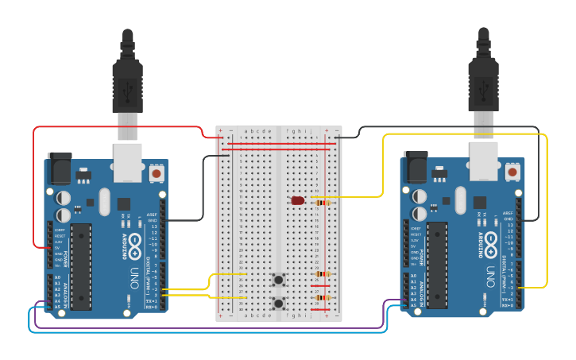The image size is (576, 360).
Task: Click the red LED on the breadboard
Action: pyautogui.click(x=298, y=201)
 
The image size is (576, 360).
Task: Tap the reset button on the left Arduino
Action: pyautogui.click(x=157, y=172)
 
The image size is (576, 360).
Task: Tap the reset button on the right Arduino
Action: pyautogui.click(x=512, y=171)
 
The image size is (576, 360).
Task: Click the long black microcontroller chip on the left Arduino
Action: pyautogui.click(x=81, y=266)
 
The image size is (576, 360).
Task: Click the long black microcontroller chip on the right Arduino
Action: pyautogui.click(x=437, y=265)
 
